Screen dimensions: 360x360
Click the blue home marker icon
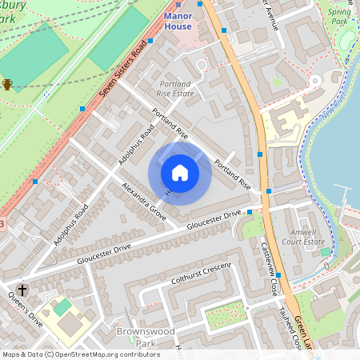(x=180, y=173)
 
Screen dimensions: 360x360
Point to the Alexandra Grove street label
(x=144, y=201)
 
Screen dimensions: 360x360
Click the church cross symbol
(x=22, y=290)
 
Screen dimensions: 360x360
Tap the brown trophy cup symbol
(x=7, y=84)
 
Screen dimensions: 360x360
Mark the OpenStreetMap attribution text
(x=81, y=354)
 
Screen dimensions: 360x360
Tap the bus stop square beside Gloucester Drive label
(x=250, y=212)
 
